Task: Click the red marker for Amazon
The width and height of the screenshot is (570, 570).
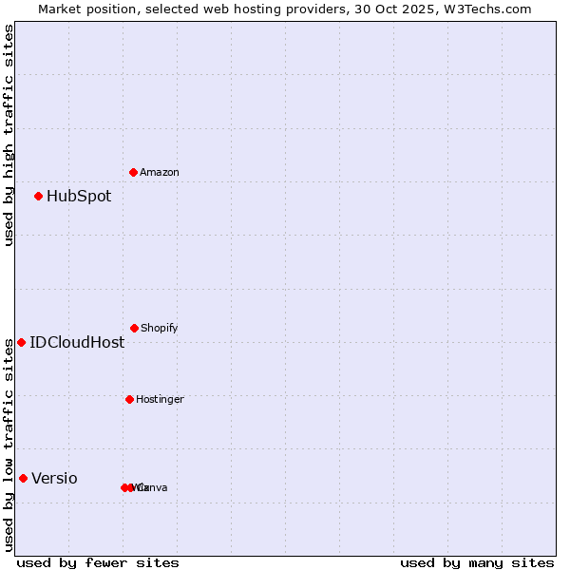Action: coord(134,172)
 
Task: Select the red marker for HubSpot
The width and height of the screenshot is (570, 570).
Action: coord(39,197)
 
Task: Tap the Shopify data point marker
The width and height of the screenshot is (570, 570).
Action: coord(134,328)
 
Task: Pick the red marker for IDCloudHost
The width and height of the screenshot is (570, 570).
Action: coord(21,342)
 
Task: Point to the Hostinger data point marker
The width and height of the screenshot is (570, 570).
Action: coord(129,399)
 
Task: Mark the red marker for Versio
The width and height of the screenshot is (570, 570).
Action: coord(23,478)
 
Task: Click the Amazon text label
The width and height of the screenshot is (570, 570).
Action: coord(160,172)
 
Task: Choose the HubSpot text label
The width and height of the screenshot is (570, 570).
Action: coord(79,197)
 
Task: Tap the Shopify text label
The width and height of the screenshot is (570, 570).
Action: coord(160,328)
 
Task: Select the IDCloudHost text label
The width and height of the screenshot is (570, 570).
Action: coord(77,343)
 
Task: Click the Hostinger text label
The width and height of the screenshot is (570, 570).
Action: coord(160,399)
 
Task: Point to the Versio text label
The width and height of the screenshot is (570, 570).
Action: coord(55,479)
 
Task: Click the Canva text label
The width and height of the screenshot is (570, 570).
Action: coord(153,487)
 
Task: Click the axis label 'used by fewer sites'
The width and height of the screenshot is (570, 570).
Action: coord(98,562)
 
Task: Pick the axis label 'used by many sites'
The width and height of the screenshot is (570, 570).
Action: coord(477,562)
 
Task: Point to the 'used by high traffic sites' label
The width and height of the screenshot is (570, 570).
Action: coord(9,135)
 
